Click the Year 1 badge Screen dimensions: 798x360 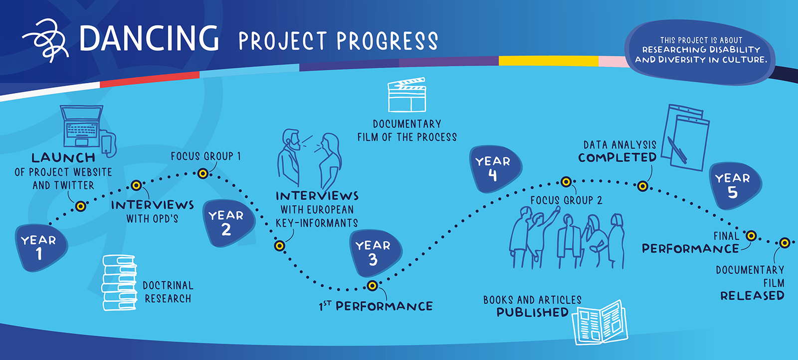(41, 247)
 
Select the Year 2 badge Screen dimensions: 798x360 (228, 223)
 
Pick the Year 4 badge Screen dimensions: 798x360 (496, 169)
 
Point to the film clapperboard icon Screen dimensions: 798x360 (406, 95)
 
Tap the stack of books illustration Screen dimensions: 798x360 (119, 283)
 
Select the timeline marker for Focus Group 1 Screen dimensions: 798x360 (202, 174)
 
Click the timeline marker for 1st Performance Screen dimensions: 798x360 (372, 286)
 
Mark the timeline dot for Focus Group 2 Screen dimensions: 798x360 (566, 182)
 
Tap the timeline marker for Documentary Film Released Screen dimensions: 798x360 (785, 243)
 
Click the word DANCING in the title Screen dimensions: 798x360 (149, 38)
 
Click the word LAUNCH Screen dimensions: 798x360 (63, 158)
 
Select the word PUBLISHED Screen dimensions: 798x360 (533, 312)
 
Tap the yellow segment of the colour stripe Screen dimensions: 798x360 (549, 61)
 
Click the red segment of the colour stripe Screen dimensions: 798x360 (150, 79)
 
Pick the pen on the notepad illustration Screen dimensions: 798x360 (677, 150)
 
